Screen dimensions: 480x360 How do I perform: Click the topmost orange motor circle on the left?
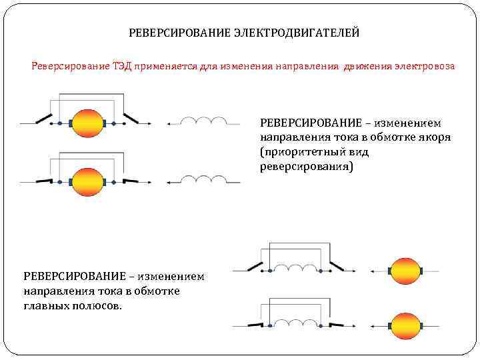[87, 123]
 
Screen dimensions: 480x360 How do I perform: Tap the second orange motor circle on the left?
[87, 181]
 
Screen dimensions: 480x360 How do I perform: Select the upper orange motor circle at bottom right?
[405, 271]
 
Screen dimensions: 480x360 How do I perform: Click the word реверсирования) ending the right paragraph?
[306, 167]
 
